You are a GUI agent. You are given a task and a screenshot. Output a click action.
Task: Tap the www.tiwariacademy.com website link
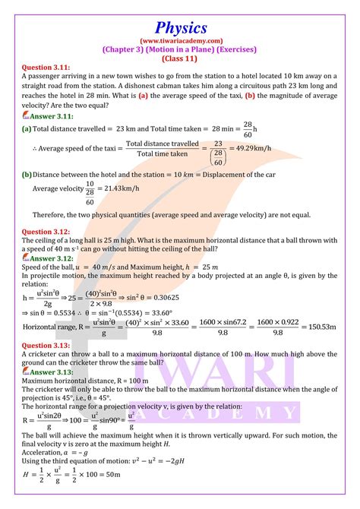[x=180, y=40]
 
